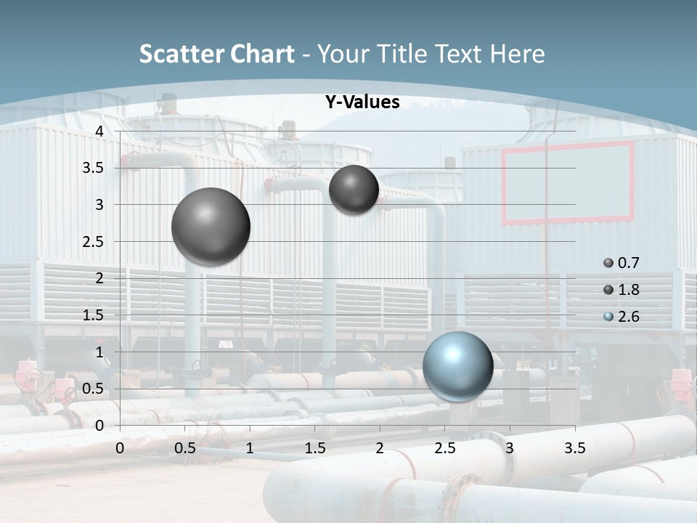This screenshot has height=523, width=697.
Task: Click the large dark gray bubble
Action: click(211, 227)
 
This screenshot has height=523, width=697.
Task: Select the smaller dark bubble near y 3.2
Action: click(354, 190)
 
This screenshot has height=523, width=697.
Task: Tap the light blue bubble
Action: click(457, 366)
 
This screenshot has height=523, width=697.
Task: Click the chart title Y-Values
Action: click(362, 102)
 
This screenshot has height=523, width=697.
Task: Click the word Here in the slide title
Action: click(517, 54)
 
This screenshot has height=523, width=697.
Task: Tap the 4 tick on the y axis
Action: click(99, 131)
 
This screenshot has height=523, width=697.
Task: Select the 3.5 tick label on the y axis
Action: click(94, 168)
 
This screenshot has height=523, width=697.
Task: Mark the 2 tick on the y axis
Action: click(99, 278)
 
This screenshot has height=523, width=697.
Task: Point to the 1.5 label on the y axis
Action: click(94, 315)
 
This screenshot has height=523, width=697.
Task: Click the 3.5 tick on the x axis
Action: click(574, 448)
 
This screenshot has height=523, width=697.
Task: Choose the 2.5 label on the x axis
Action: click(444, 448)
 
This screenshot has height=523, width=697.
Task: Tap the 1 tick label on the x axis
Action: click(250, 448)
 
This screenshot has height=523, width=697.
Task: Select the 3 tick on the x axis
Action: click(510, 448)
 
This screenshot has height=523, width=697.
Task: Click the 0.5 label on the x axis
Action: click(185, 448)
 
